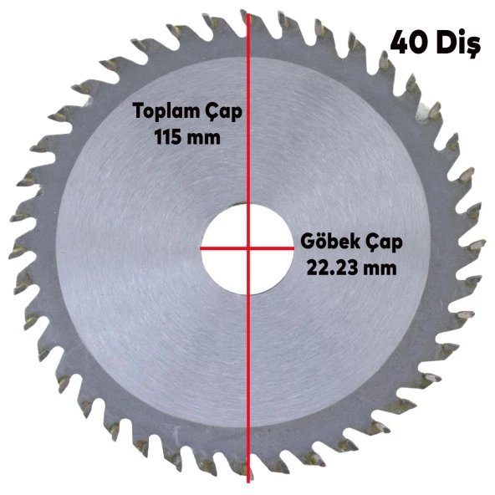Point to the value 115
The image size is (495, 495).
[171, 136]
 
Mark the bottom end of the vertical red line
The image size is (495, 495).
[248, 481]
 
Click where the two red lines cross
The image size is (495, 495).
[248, 247]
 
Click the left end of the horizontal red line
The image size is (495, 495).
[202, 247]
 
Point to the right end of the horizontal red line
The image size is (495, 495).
[295, 247]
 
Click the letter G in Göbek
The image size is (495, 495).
[307, 242]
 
